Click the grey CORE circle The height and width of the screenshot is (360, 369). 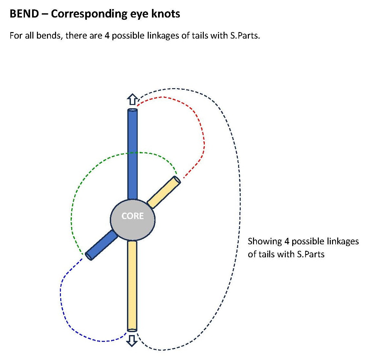pos(133,219)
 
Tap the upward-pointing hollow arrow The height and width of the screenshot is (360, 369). pos(133,99)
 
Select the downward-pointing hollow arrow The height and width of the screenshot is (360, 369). pos(132,341)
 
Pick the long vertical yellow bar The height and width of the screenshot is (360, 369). pos(132,285)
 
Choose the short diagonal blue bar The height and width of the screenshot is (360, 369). pos(101,245)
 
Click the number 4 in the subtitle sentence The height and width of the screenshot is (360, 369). pos(107,35)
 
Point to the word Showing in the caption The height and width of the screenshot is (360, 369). pos(265,241)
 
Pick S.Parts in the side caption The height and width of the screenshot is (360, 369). pos(310,254)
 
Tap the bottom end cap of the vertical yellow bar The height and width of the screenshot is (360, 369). pos(132,330)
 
